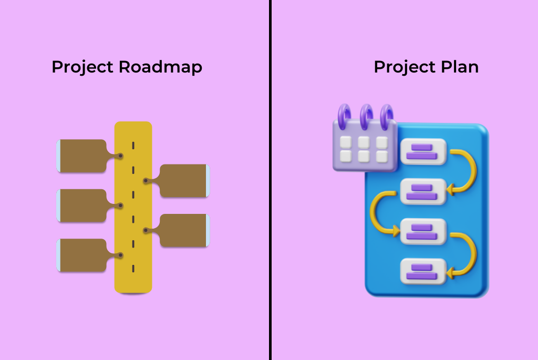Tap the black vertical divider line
(x=270, y=210)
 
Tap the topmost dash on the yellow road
(x=133, y=145)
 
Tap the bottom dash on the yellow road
(x=133, y=269)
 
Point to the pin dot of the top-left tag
(x=120, y=156)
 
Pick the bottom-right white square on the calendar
(x=382, y=156)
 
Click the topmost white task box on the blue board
(x=423, y=151)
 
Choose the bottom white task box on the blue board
(x=423, y=271)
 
